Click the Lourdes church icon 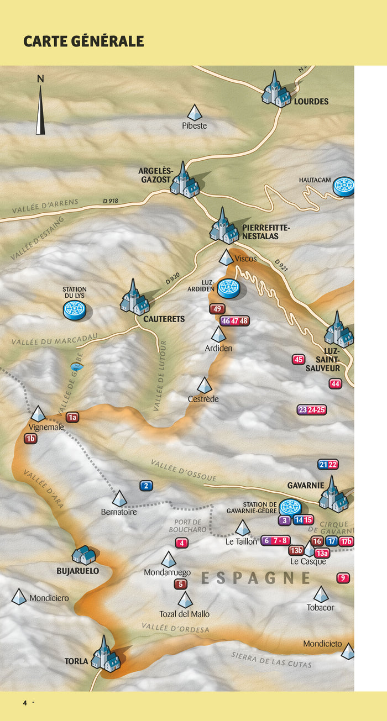tap(275, 90)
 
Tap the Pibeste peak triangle tap(195, 113)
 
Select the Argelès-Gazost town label tap(155, 176)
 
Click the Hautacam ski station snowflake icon tap(344, 186)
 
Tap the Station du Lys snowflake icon tap(74, 309)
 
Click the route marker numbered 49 tap(217, 309)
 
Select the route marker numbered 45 tap(299, 360)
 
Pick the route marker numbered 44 tap(335, 383)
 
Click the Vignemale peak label tap(46, 427)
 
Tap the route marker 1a tap(72, 417)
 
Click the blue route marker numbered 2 tap(146, 486)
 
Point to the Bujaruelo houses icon tap(84, 554)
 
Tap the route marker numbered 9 tap(343, 578)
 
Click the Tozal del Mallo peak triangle tap(185, 600)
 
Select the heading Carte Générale tap(83, 41)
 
